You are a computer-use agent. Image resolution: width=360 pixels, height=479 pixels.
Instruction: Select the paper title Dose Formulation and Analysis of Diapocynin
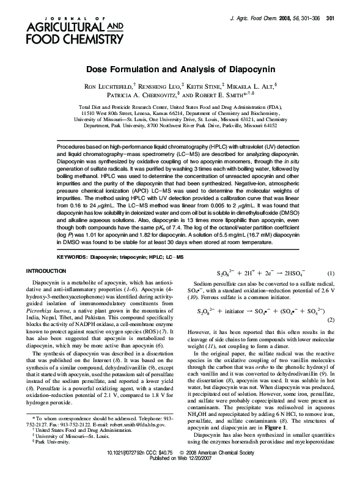tap(180, 70)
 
